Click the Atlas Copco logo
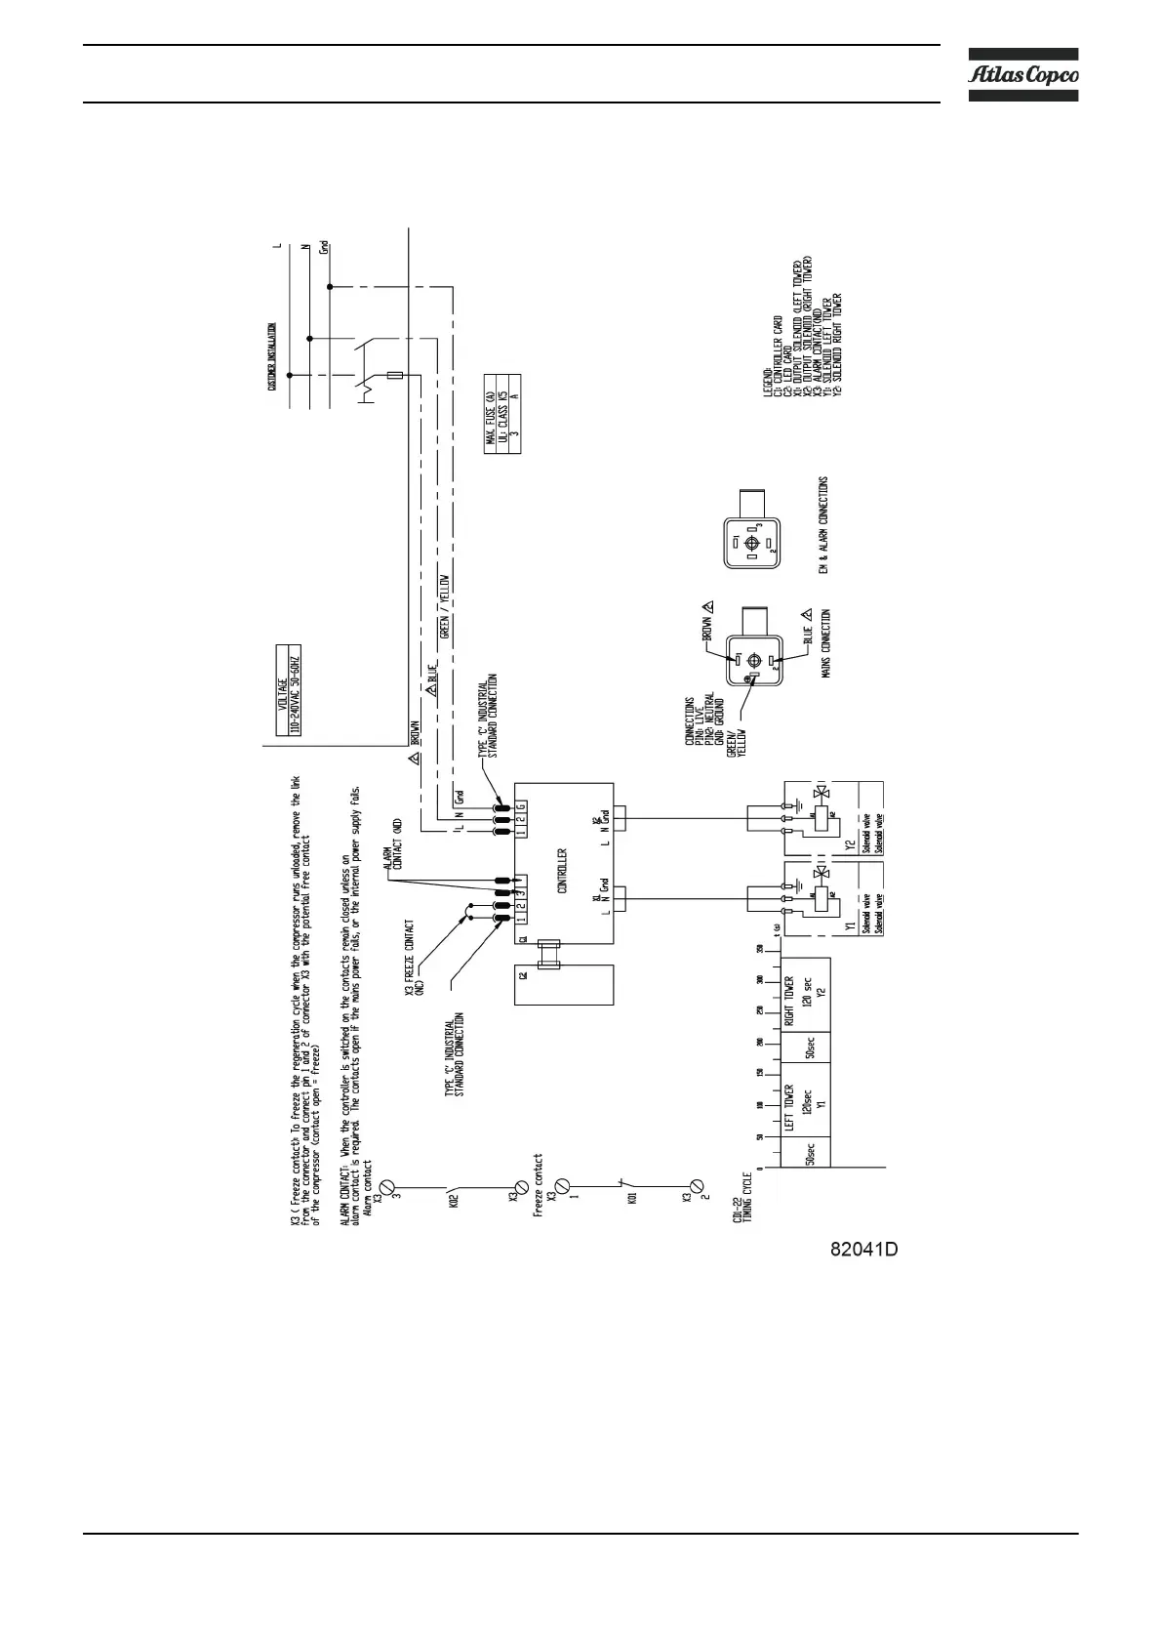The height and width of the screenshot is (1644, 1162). tap(1022, 74)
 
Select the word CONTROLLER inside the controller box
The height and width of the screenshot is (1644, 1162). tap(562, 871)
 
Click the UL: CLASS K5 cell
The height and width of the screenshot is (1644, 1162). tap(502, 414)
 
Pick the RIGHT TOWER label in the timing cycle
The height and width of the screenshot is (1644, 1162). tap(789, 1003)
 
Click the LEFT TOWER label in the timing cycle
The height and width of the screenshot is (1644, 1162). tap(789, 1109)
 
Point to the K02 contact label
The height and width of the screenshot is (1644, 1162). tap(454, 1200)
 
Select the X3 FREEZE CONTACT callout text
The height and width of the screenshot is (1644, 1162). tap(414, 958)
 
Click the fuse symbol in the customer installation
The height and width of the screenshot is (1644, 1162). tap(396, 375)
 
